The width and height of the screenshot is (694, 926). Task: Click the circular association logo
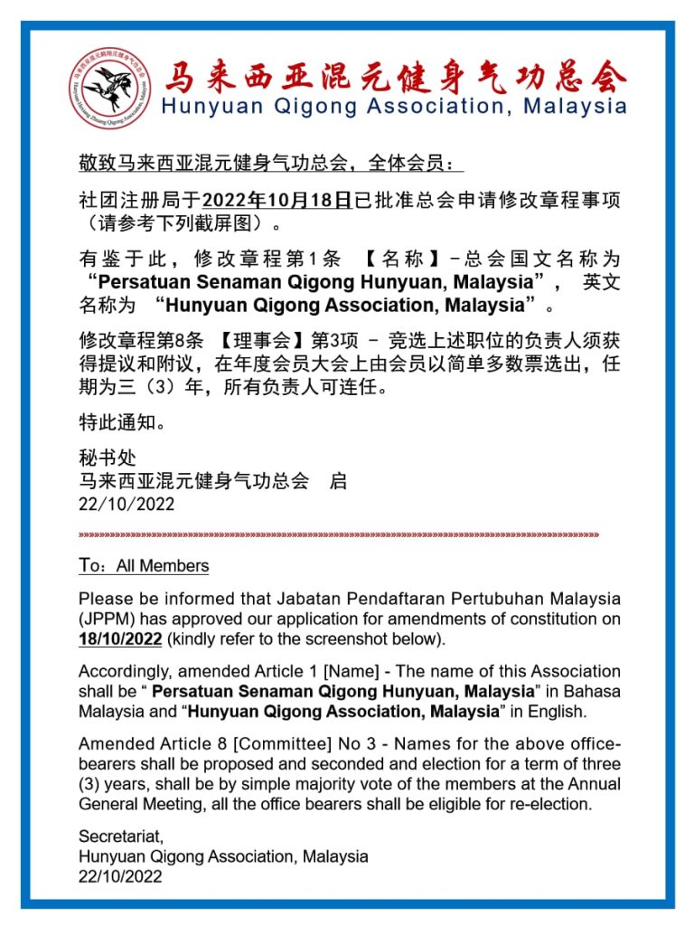point(111,89)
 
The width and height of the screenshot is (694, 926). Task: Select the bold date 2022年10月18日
point(277,200)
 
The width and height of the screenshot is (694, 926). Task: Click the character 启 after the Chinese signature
point(338,480)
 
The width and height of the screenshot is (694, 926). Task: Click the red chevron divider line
point(339,534)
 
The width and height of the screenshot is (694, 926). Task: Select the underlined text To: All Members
point(144,566)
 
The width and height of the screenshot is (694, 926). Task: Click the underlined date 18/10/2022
point(120,639)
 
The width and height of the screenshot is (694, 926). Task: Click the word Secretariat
point(121,836)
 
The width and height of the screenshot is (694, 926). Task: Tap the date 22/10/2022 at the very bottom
point(120,876)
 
